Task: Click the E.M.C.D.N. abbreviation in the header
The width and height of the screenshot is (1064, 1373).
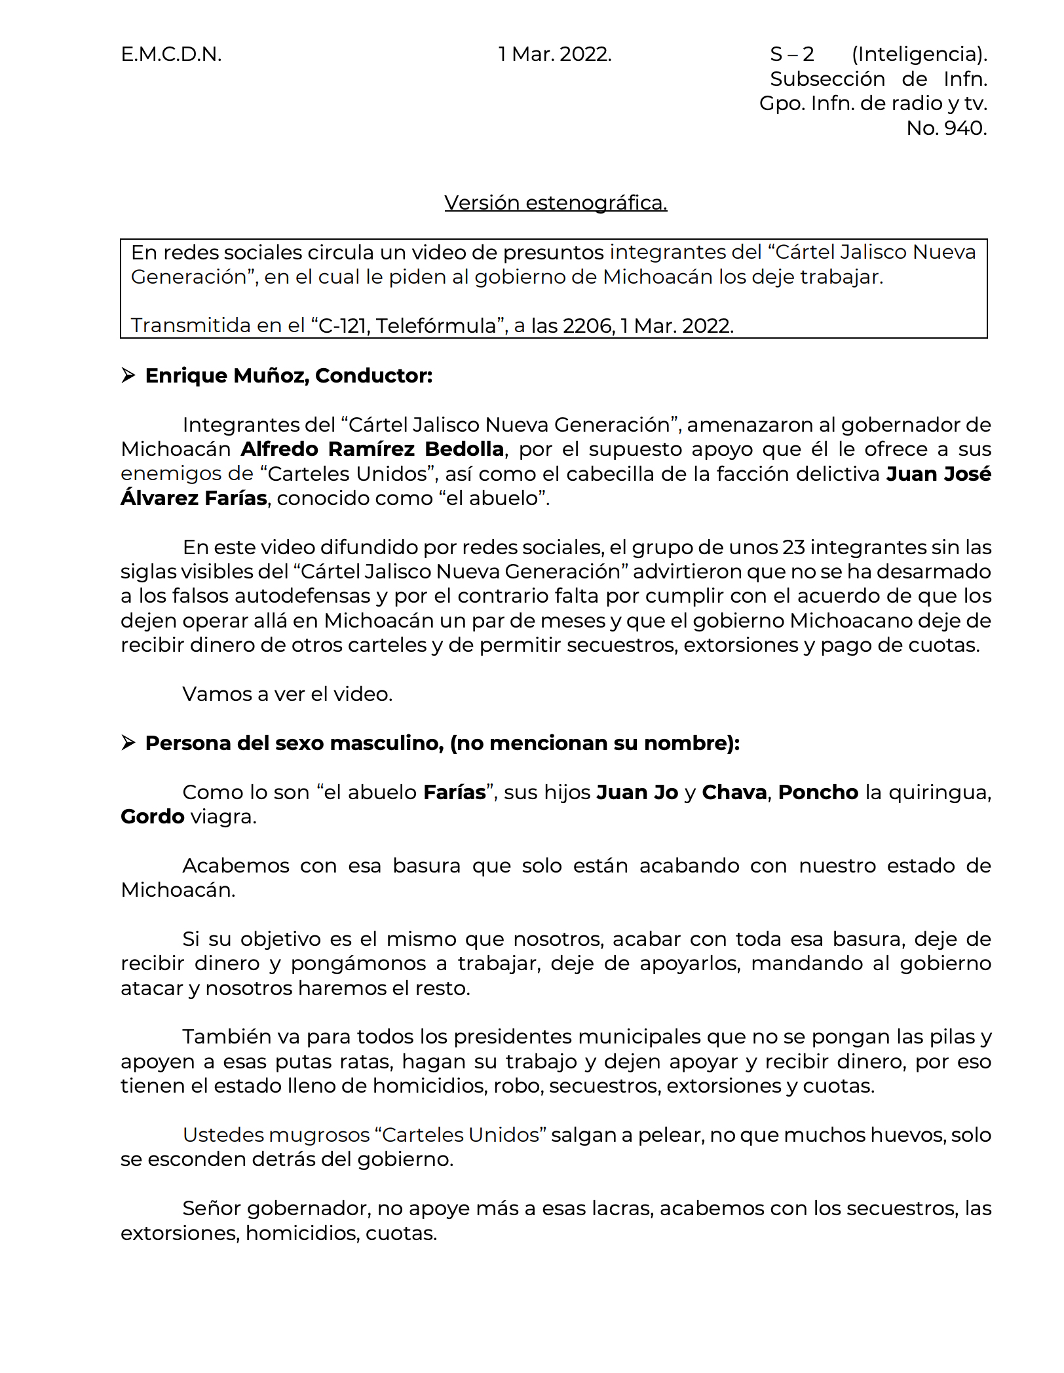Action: (x=171, y=54)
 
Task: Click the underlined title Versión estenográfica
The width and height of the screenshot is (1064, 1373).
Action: (x=556, y=203)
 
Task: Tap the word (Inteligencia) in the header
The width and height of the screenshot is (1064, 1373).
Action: (x=919, y=54)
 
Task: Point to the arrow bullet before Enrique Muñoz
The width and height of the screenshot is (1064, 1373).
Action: (x=128, y=375)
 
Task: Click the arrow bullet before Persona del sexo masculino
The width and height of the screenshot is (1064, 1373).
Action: (x=128, y=743)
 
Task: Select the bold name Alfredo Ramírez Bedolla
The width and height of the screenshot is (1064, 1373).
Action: (x=372, y=449)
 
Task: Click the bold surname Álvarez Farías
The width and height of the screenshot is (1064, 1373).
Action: (x=194, y=498)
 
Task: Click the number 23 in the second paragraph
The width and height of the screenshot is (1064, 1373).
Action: (x=791, y=548)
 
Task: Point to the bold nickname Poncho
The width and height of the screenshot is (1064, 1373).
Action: (x=818, y=793)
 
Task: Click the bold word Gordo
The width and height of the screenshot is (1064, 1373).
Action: (x=153, y=817)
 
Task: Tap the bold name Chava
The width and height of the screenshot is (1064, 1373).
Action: (x=734, y=793)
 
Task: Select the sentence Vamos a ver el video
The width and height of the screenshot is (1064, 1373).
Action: (x=287, y=694)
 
